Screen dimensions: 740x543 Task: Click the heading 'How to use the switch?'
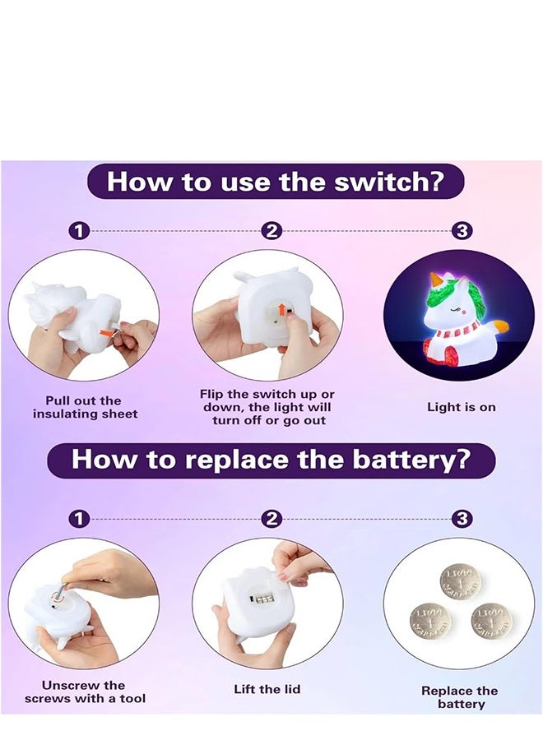[275, 181]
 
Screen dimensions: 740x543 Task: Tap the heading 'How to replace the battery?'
[271, 459]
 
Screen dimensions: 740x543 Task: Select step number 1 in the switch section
[79, 232]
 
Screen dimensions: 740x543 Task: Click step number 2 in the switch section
[271, 232]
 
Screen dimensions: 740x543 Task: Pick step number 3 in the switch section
[462, 232]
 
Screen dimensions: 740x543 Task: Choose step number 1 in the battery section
[79, 519]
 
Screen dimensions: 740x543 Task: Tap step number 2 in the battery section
[271, 519]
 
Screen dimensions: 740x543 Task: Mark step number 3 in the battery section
[462, 519]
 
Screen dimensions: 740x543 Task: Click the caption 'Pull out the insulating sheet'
[85, 408]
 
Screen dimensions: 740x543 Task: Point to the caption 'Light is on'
[461, 407]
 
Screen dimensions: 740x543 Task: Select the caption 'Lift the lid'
[268, 689]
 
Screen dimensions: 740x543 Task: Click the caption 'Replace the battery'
[459, 697]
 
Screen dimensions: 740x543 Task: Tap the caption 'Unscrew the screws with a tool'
[85, 691]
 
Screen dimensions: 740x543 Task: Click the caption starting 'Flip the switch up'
[267, 408]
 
